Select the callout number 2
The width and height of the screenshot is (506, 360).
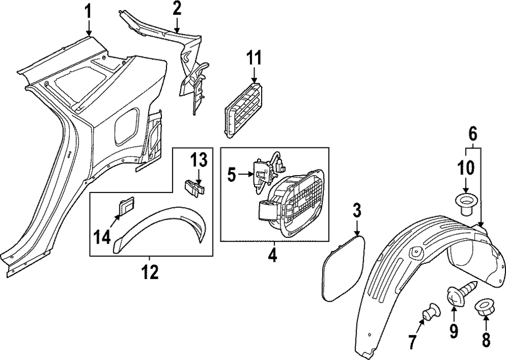tap(176, 8)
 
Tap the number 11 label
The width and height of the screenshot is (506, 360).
tap(255, 58)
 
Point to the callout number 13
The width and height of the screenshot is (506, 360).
tap(198, 161)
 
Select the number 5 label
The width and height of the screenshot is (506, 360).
tap(231, 176)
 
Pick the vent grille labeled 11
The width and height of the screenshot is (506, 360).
tap(244, 108)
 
